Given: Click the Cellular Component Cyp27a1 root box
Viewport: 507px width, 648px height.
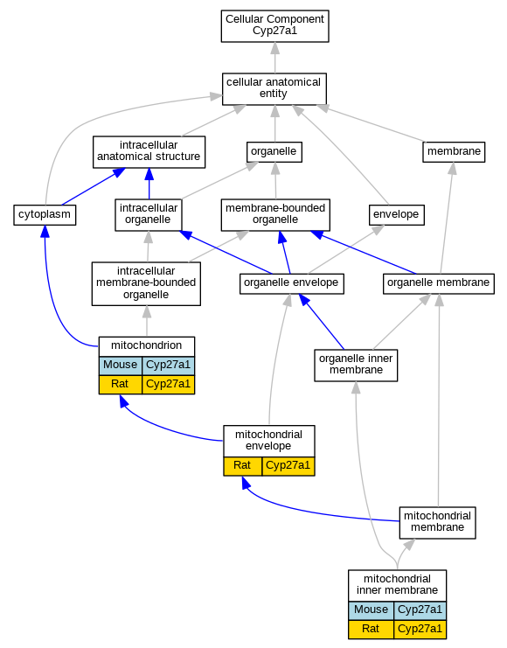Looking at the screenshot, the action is click(x=274, y=26).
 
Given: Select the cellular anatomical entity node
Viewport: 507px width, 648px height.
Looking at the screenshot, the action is click(x=274, y=89).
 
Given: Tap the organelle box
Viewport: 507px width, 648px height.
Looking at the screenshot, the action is click(x=274, y=152).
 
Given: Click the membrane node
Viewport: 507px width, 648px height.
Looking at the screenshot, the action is click(x=454, y=152).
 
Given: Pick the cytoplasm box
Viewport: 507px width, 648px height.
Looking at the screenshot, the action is click(x=45, y=215).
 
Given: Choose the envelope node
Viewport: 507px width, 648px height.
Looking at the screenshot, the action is click(x=396, y=215).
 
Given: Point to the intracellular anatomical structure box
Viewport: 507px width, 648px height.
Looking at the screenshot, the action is click(x=149, y=152).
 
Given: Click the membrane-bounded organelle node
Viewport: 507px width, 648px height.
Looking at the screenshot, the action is click(x=275, y=215).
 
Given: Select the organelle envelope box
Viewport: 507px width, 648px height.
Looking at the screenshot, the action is click(x=291, y=283).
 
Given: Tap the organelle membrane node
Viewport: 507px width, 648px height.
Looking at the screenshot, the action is click(x=439, y=283).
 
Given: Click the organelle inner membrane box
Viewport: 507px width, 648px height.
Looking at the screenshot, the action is click(x=356, y=366).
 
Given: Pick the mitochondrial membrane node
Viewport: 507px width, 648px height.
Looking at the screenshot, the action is click(x=437, y=523).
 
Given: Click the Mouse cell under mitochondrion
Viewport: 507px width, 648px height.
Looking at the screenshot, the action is click(x=121, y=366).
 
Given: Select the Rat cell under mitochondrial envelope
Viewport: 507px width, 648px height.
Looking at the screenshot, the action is click(x=242, y=466).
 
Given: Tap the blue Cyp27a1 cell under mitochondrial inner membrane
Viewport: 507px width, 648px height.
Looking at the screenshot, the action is click(x=420, y=610).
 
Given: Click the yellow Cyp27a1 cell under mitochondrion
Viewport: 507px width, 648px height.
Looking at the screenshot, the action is click(x=168, y=385).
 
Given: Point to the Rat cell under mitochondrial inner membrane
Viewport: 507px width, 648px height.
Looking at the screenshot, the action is click(x=371, y=630).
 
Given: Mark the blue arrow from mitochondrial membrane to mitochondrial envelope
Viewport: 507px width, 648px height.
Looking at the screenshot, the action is click(x=306, y=512).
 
